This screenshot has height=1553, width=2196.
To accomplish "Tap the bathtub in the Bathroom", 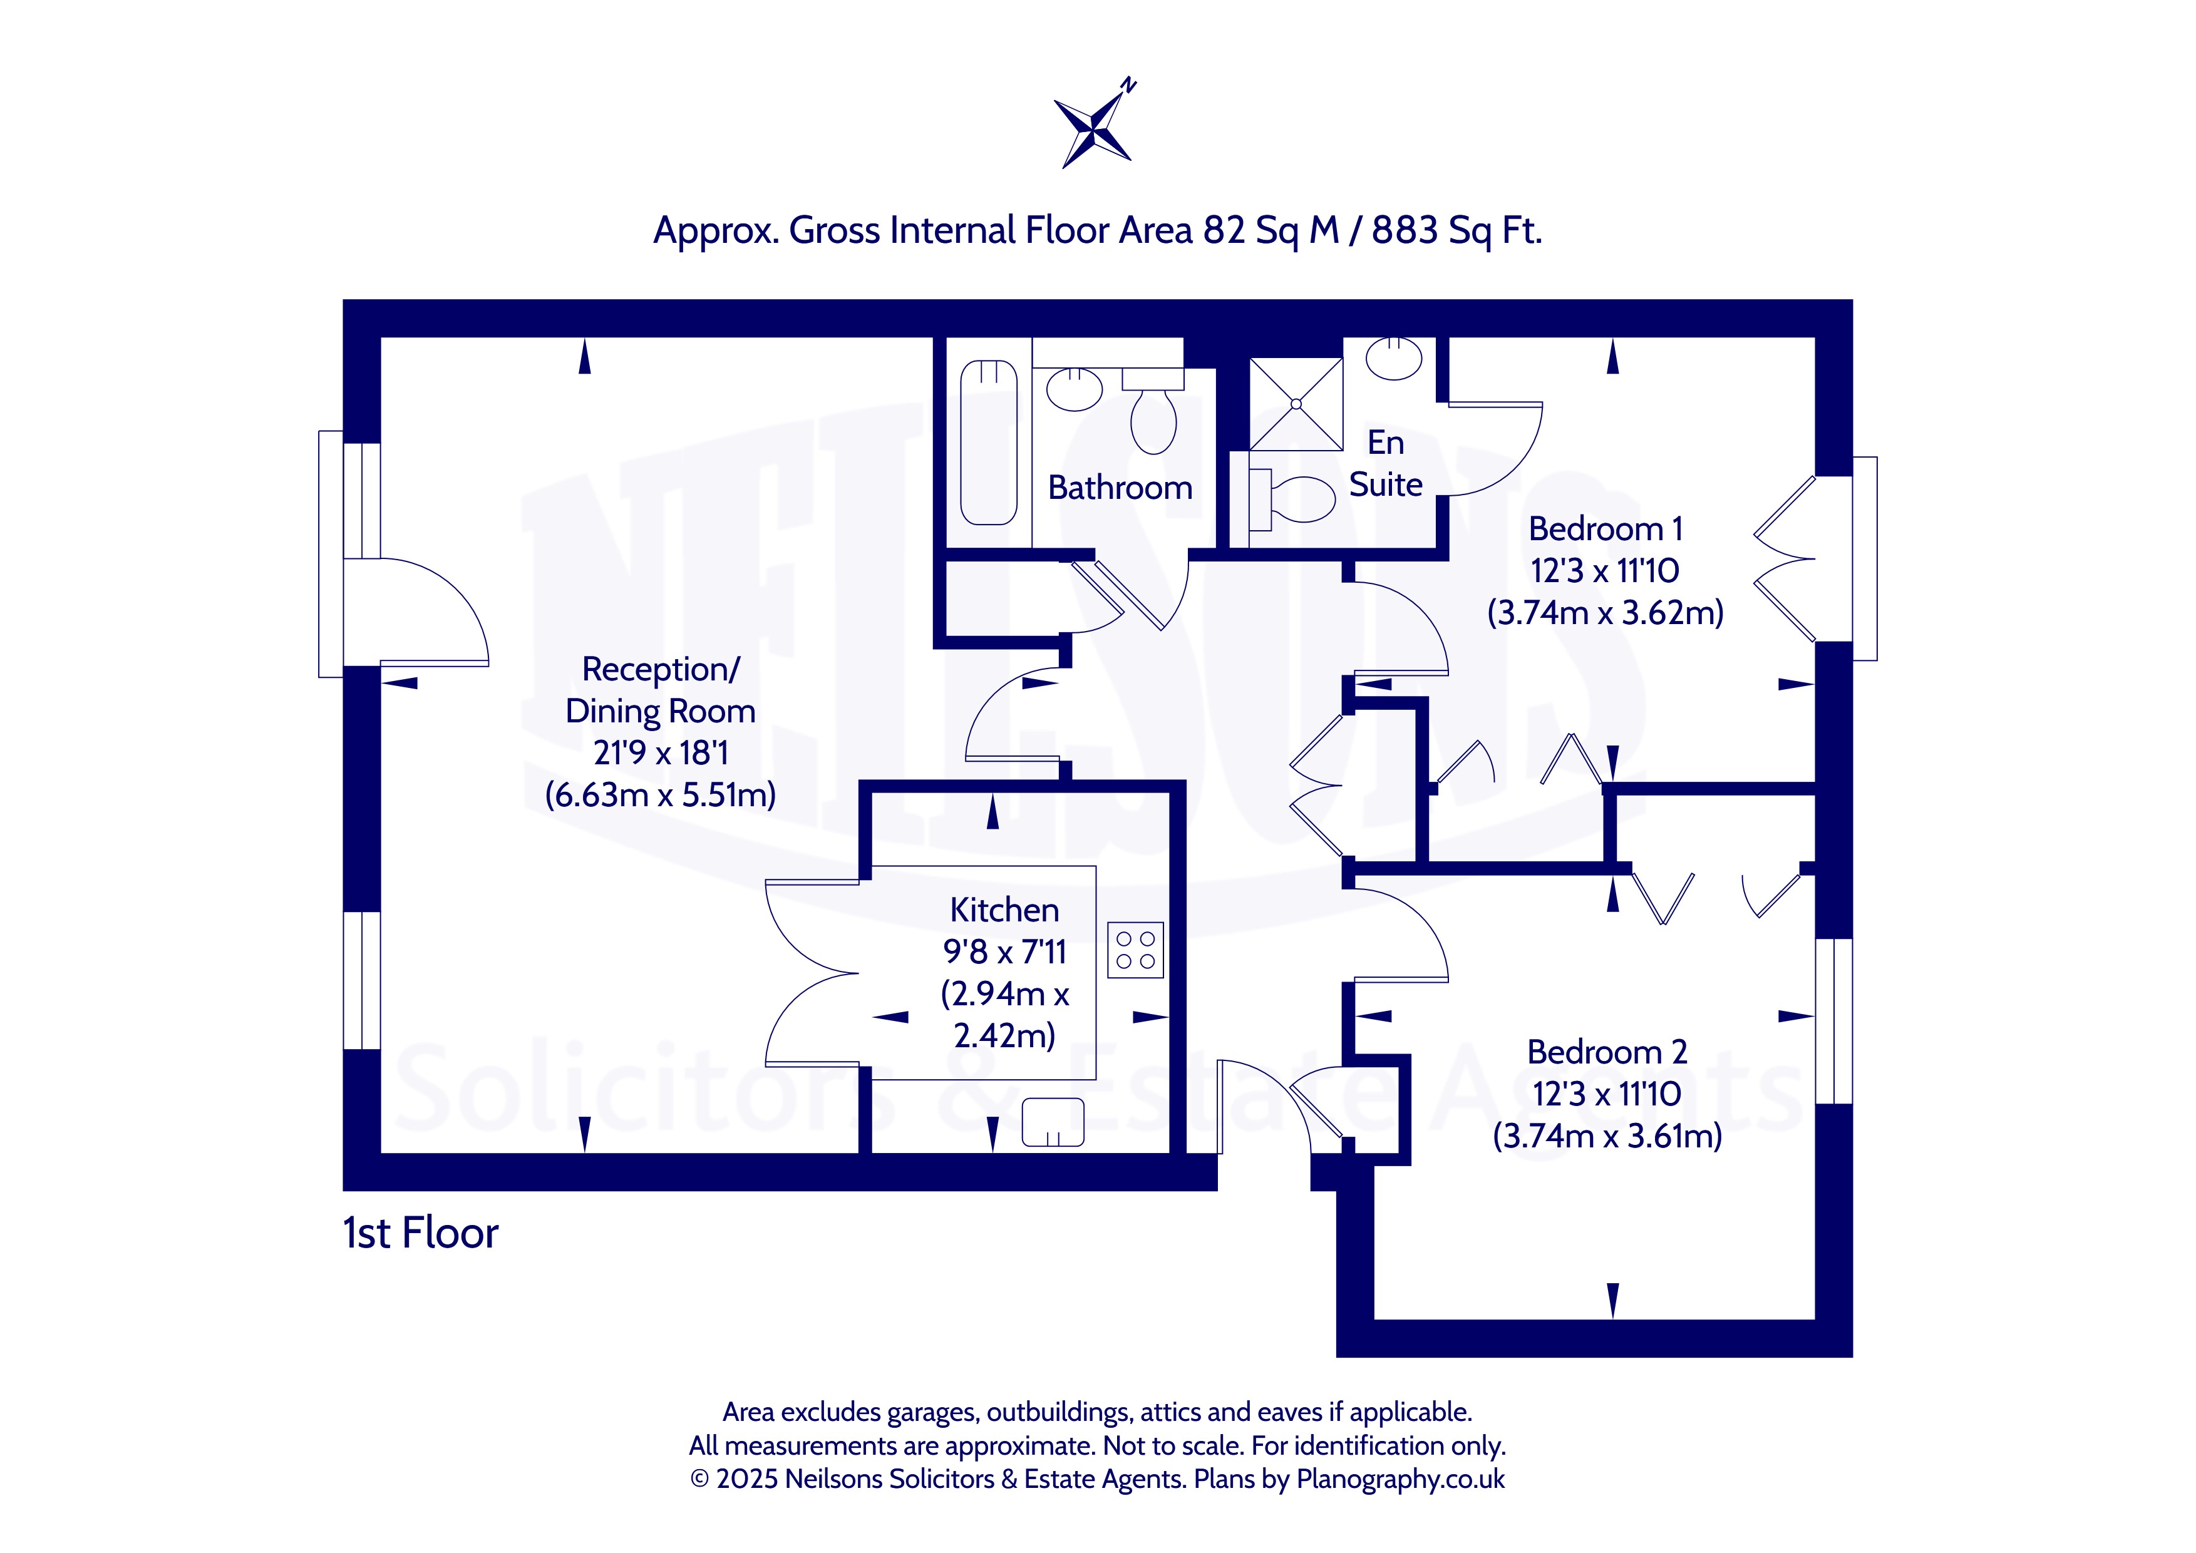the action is pos(988,443).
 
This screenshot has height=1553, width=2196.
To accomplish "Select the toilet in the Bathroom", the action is pos(1153,411).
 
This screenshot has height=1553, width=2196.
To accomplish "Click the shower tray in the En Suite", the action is pos(1296,404).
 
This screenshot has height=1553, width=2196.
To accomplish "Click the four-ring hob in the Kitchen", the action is pos(1135,950).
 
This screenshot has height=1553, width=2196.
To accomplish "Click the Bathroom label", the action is pos(1120,488).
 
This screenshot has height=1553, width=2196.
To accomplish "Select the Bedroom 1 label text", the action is pos(1605,529).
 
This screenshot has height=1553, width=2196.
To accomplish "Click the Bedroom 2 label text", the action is pos(1607,1052).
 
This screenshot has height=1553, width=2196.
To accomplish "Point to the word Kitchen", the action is pos(1004,910).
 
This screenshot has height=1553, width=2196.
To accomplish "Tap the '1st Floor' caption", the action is pos(421,1234).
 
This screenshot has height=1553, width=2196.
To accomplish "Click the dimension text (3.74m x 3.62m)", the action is pos(1605,612).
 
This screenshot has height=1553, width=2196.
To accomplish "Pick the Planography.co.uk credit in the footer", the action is pos(1400,1479).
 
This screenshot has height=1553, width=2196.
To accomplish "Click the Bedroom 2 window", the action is pos(1833,1022).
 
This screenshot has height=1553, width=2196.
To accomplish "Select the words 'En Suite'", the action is pos(1386,464).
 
